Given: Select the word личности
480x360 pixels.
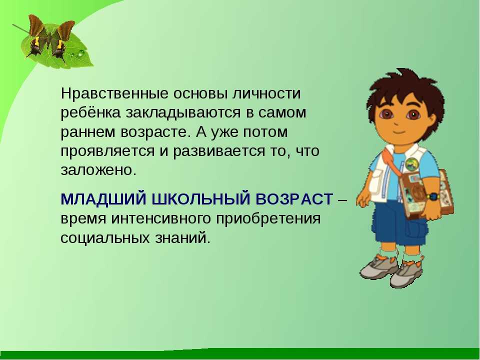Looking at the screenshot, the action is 266,93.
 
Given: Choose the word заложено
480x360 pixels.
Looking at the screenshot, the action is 98,170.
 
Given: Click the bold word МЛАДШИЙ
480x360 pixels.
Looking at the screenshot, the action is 104,199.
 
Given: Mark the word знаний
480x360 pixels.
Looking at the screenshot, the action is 183,238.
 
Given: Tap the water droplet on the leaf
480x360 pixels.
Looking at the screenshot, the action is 81,54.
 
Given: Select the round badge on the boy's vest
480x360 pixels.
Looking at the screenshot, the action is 411,164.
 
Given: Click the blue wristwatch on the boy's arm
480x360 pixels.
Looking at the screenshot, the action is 433,196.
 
